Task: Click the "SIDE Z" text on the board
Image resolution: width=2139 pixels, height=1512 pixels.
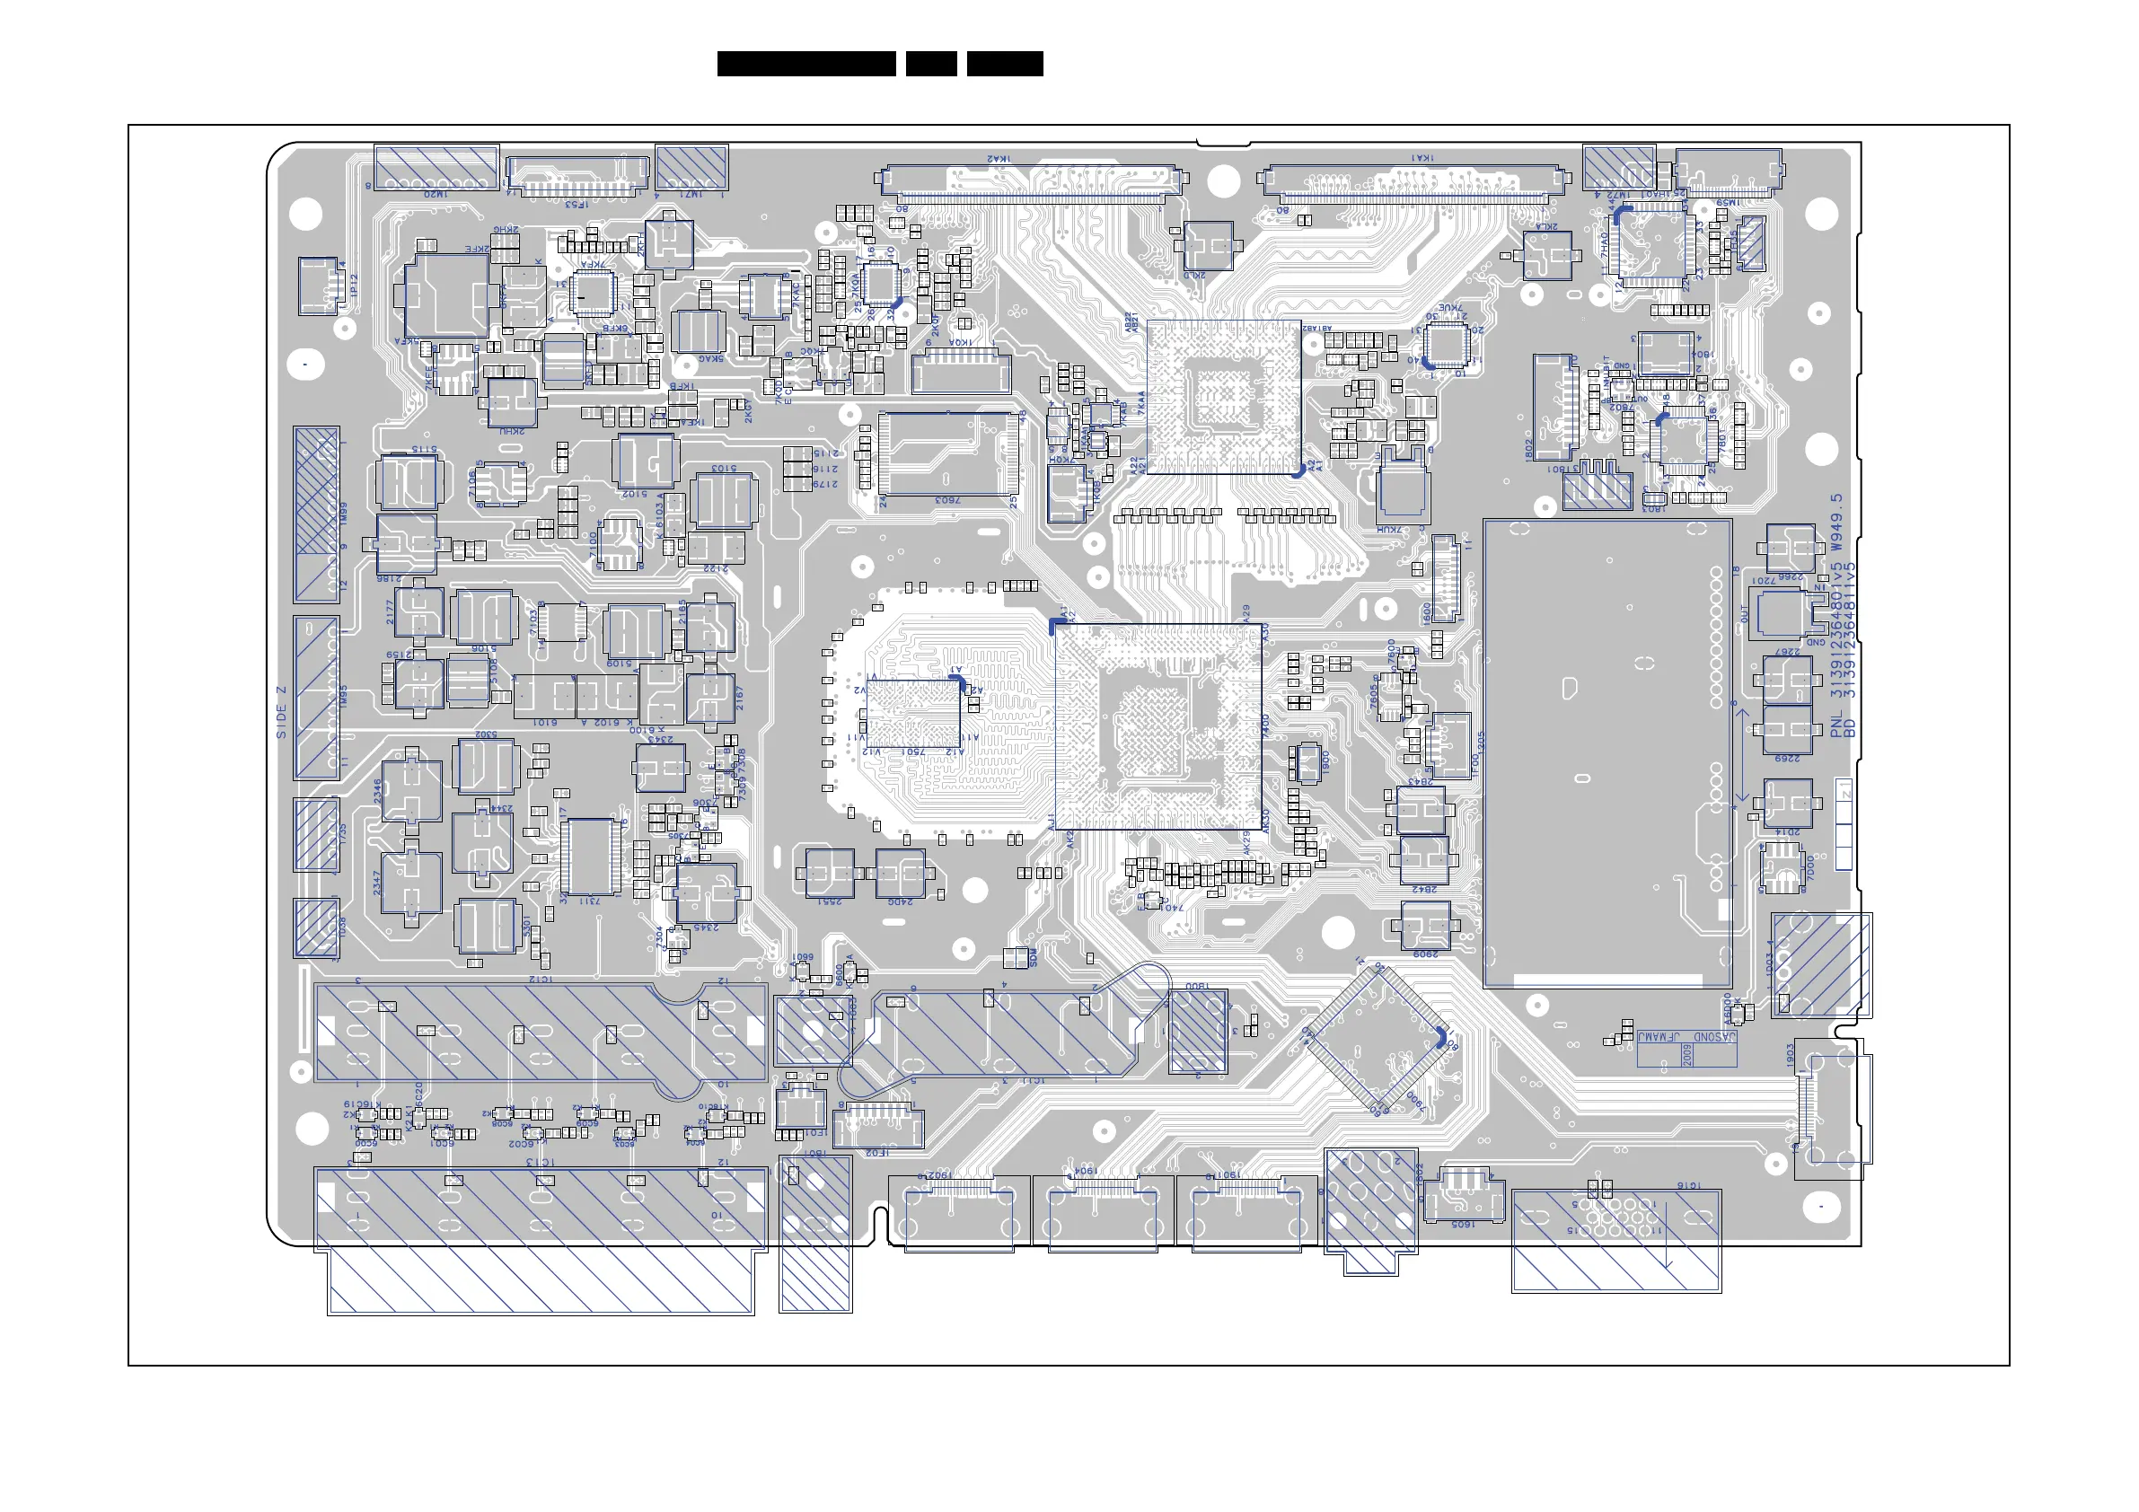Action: [281, 713]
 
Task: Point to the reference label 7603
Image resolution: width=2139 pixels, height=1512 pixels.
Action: [947, 501]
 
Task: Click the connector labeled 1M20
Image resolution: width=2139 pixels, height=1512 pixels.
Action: [436, 167]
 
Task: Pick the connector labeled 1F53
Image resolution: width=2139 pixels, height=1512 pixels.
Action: [577, 176]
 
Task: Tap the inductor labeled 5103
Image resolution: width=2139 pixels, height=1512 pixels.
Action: [722, 500]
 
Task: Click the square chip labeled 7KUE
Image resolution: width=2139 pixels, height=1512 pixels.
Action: [1447, 344]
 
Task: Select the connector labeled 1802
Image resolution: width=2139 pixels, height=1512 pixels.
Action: [1553, 406]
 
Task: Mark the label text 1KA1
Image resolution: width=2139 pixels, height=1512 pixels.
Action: [1422, 158]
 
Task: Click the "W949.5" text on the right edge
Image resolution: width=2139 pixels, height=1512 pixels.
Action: [1836, 522]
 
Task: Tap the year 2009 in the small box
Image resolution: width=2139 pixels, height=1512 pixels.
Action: [1688, 1055]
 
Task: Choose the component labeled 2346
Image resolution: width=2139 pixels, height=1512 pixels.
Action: [411, 789]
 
